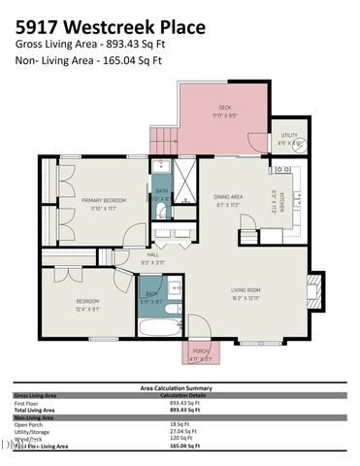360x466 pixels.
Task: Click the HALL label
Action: pos(152,257)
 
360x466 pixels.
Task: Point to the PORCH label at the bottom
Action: pos(200,352)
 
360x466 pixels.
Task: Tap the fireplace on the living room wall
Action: pos(311,288)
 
